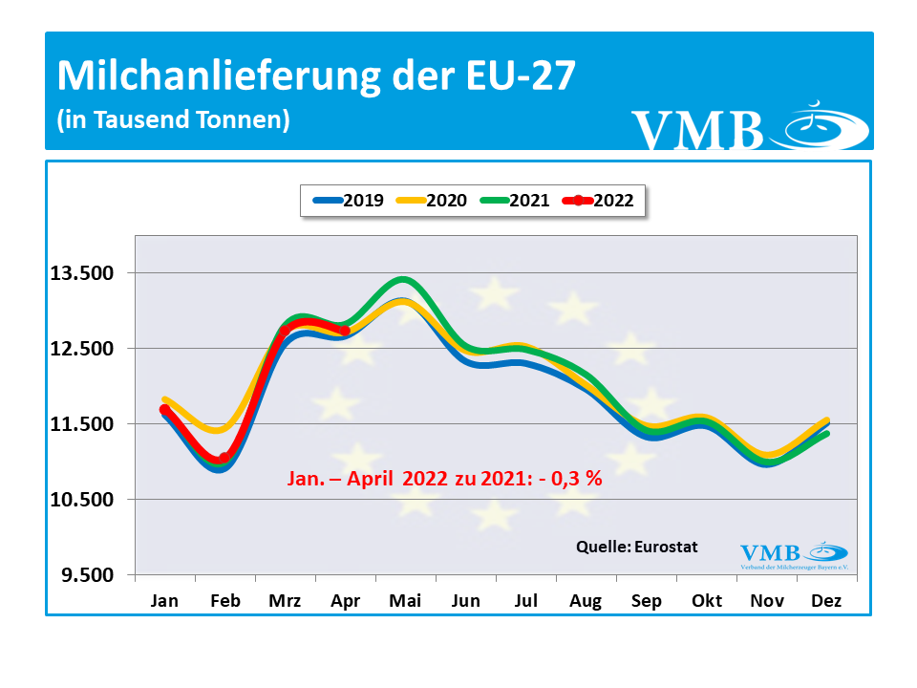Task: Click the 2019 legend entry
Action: tap(349, 201)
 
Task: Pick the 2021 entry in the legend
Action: tap(514, 201)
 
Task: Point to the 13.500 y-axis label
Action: tap(82, 273)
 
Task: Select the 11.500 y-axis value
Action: tap(82, 424)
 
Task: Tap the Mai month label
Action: tap(405, 601)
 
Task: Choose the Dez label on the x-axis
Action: tap(827, 601)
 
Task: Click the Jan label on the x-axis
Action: tap(164, 601)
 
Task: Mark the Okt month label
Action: tap(707, 601)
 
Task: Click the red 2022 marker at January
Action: tap(164, 410)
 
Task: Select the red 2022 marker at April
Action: tap(345, 331)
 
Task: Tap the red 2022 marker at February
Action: tap(224, 459)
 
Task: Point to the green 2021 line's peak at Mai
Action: tap(404, 280)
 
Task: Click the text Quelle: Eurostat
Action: tap(636, 548)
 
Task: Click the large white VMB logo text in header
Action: tap(697, 131)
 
